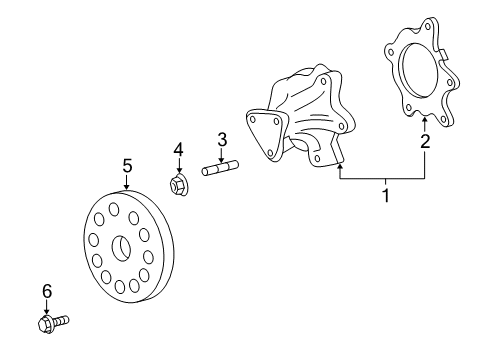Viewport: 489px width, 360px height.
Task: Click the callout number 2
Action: [425, 141]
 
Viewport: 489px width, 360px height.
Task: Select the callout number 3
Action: [222, 139]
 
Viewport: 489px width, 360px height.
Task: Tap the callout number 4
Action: [179, 150]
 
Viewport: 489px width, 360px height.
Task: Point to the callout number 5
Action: [127, 165]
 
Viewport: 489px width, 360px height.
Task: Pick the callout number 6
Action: [46, 291]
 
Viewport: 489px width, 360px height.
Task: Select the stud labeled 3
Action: [222, 169]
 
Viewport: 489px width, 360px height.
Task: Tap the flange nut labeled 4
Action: [179, 185]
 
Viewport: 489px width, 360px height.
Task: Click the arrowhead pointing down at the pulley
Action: [127, 186]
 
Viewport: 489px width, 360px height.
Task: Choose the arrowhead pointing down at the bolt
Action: [46, 311]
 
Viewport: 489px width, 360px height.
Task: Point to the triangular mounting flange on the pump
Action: [264, 135]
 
